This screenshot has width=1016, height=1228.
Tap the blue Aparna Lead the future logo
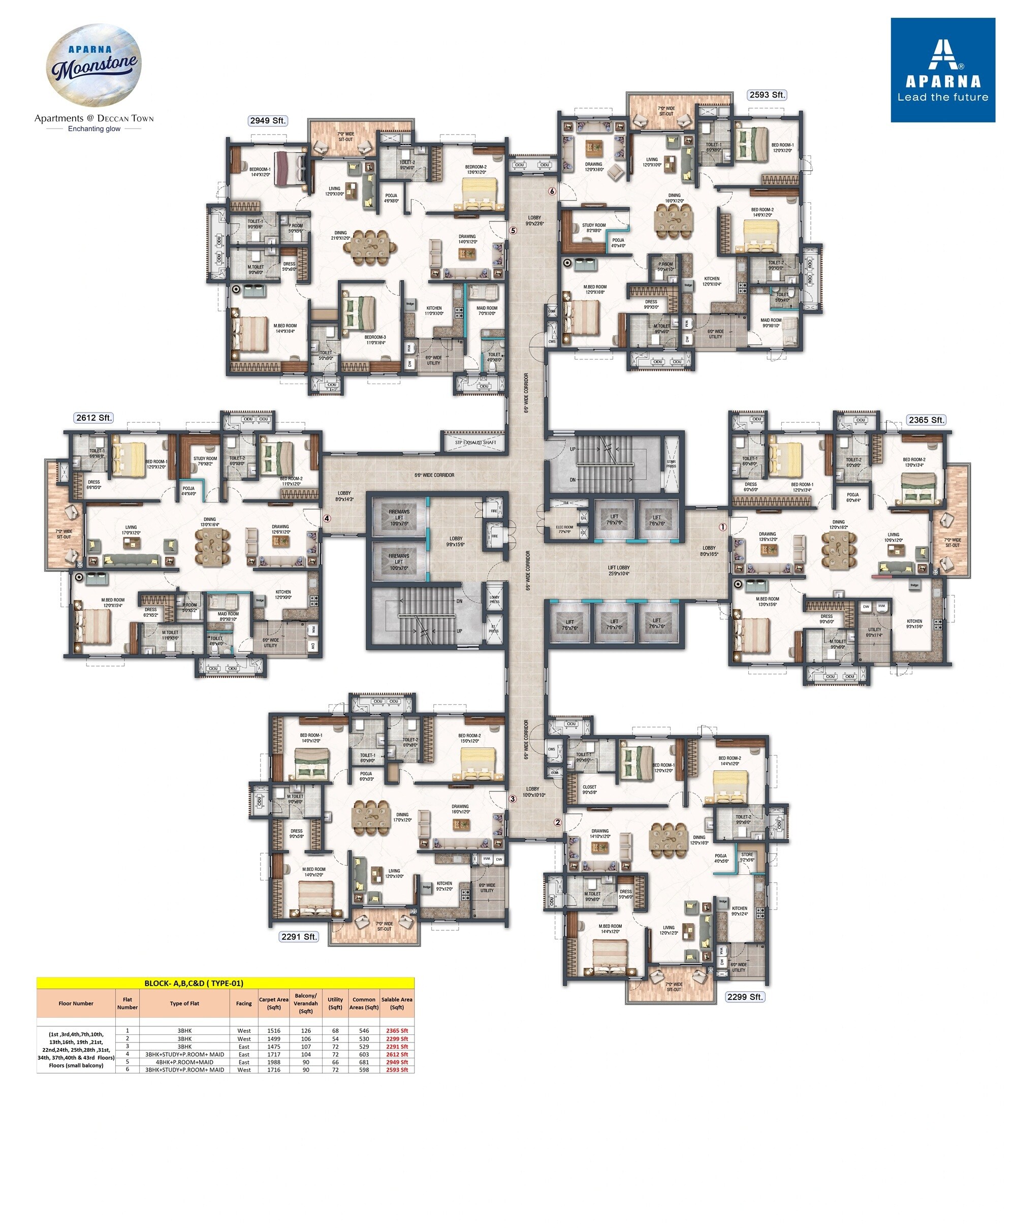[942, 70]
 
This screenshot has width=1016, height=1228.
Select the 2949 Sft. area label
[268, 120]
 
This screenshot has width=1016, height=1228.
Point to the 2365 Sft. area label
[926, 420]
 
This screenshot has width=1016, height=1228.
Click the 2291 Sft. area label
[299, 936]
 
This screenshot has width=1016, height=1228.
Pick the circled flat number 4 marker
[327, 518]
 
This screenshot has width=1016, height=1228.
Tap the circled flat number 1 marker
[722, 527]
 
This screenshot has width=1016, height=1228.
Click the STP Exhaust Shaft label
[474, 442]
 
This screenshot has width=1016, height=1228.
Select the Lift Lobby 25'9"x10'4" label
[618, 570]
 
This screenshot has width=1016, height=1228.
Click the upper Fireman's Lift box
[399, 517]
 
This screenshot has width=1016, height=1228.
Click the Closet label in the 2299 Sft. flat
[589, 790]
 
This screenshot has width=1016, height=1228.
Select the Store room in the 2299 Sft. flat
[747, 857]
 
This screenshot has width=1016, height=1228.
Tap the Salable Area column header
[397, 1003]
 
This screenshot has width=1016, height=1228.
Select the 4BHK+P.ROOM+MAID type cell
[184, 1062]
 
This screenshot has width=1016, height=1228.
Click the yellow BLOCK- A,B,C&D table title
[225, 983]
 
